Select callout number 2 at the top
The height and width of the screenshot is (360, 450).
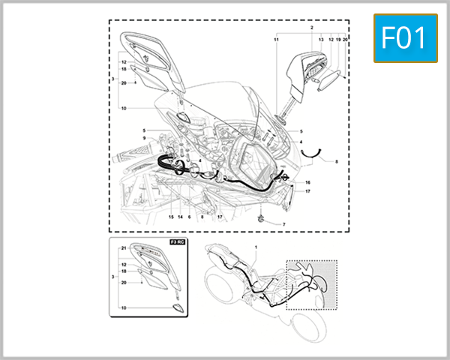[x=311, y=27]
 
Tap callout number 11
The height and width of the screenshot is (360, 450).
[x=276, y=38]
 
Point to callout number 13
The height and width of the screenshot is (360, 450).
[x=321, y=38]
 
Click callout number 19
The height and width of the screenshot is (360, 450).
[x=338, y=38]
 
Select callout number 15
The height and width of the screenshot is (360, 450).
[x=171, y=217]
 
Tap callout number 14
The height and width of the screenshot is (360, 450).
[x=180, y=217]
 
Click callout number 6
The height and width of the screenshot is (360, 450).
[x=190, y=217]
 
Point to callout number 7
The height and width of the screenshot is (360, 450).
[x=284, y=224]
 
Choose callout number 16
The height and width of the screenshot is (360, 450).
[x=307, y=182]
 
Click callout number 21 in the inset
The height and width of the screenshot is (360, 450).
[x=123, y=247]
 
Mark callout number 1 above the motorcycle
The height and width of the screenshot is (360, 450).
[x=255, y=247]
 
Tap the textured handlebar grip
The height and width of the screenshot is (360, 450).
[x=129, y=159]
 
